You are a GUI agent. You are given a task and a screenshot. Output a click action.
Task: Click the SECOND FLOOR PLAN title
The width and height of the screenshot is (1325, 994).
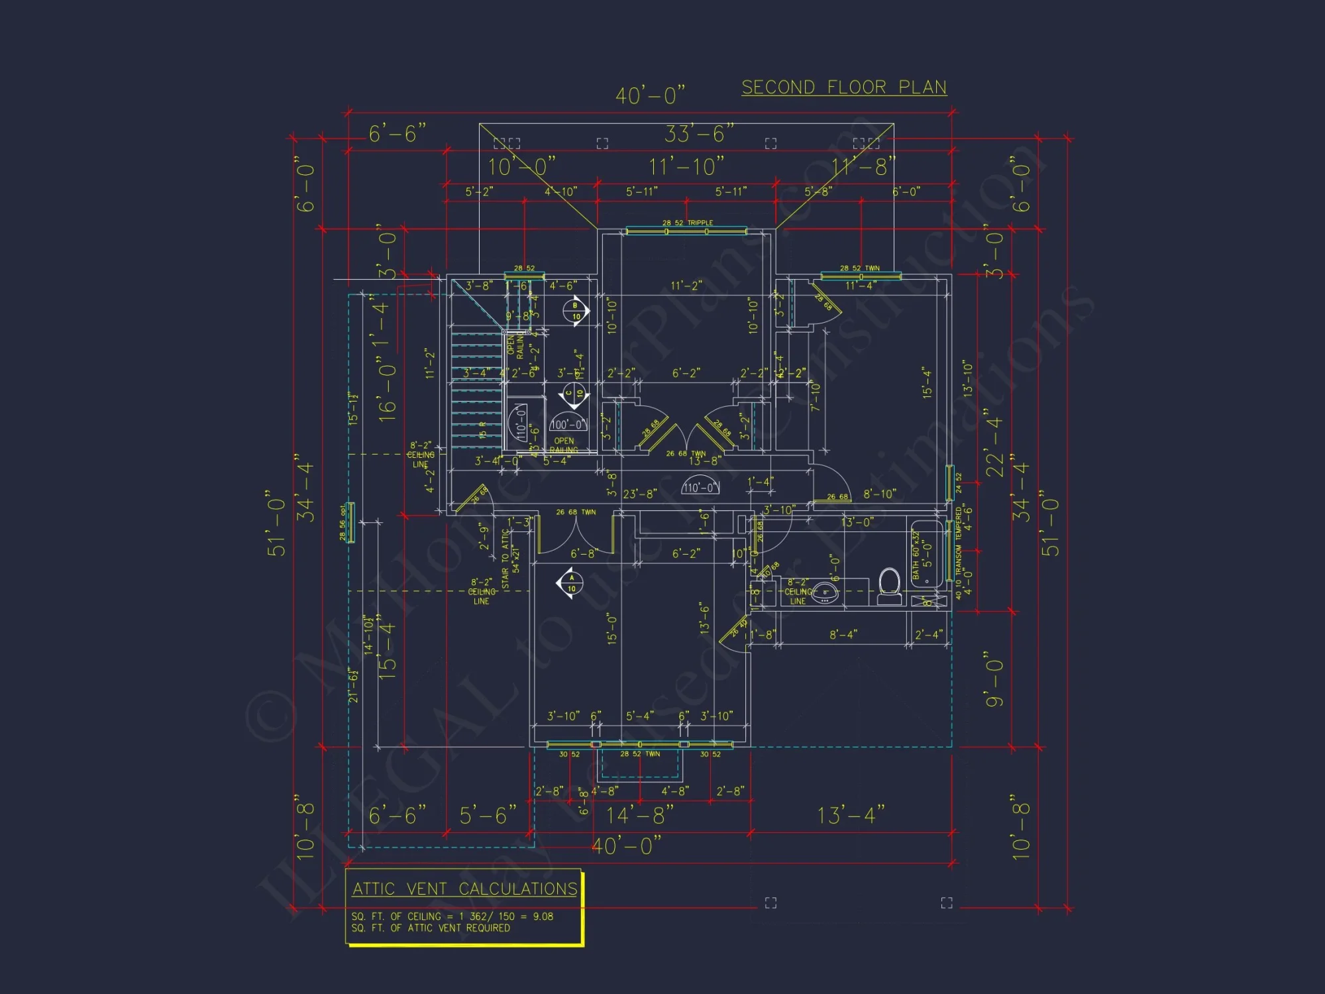[x=843, y=87]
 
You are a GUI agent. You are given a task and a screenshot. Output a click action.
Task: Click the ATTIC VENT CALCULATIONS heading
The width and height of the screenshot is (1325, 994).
[x=464, y=889]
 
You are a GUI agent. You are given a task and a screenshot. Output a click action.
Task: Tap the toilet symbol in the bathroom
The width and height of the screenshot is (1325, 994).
[x=889, y=586]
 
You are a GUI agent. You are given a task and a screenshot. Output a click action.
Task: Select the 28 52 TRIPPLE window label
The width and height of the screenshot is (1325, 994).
[x=688, y=223]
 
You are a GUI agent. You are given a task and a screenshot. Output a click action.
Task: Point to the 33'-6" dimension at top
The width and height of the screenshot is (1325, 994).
[x=699, y=134]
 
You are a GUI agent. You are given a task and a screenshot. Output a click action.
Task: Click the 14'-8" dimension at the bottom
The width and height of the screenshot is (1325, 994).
[x=640, y=815]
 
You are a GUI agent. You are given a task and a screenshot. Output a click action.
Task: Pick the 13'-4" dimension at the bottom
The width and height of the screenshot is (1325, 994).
[x=851, y=815]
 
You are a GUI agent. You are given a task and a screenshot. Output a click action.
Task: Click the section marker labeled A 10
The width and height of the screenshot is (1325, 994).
[x=571, y=583]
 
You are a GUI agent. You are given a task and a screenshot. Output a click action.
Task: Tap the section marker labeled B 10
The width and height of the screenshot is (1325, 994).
[x=576, y=311]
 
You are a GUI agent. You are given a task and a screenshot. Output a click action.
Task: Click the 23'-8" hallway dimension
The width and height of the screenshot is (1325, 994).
[x=639, y=494]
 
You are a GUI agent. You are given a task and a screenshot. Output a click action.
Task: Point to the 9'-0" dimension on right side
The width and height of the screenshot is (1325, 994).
[x=994, y=683]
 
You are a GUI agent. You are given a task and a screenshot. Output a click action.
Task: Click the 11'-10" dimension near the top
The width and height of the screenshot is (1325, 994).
[x=686, y=166]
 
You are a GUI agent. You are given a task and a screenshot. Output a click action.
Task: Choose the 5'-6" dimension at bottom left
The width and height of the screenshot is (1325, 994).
[x=488, y=815]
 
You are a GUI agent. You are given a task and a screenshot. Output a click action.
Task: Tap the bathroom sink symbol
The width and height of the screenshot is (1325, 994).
[x=825, y=592]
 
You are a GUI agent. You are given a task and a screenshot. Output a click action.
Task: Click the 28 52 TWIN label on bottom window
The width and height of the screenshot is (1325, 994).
[x=640, y=754]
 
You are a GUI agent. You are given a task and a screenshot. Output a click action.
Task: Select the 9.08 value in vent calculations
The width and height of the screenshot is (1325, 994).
[x=543, y=916]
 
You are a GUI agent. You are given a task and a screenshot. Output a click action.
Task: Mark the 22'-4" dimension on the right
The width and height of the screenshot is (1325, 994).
[x=994, y=443]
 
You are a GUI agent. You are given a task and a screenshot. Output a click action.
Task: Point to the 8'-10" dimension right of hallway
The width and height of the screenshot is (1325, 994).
[x=879, y=494]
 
